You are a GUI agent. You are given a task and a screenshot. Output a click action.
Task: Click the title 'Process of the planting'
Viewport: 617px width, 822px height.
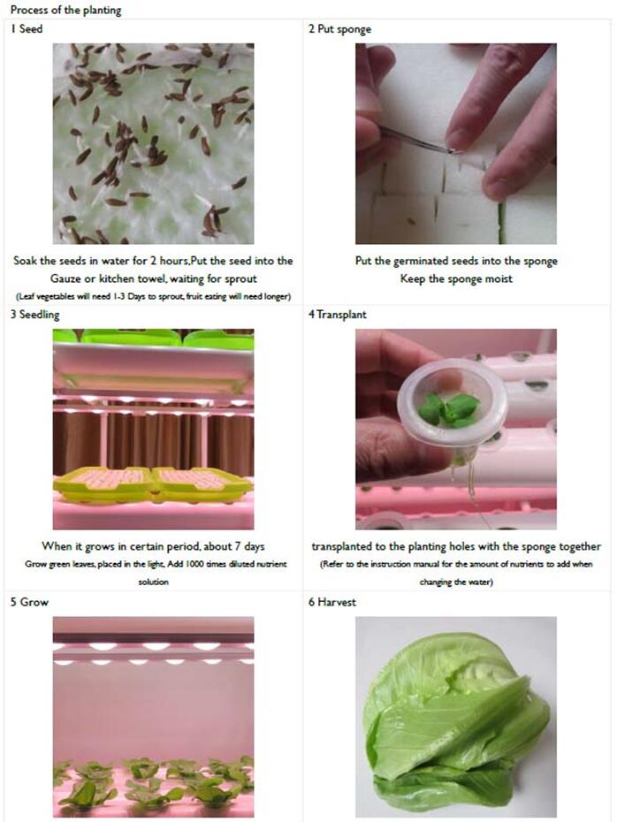click(x=66, y=10)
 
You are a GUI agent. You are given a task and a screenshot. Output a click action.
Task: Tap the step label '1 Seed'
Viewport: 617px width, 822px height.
click(x=27, y=29)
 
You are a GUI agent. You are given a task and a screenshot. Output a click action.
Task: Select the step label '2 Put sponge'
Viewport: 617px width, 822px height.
click(x=339, y=29)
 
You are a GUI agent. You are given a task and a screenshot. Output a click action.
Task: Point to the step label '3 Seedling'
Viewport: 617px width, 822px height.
click(x=35, y=315)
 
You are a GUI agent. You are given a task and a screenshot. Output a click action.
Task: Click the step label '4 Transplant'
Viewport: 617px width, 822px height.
click(x=338, y=315)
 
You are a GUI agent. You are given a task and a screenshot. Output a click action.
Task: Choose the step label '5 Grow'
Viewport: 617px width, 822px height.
click(x=29, y=602)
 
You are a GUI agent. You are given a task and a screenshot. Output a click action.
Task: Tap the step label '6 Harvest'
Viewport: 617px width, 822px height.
click(x=332, y=602)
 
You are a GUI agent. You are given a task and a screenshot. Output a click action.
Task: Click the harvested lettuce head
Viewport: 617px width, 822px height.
click(x=455, y=723)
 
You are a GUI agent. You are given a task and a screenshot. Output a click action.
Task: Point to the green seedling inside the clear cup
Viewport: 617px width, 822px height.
click(x=449, y=409)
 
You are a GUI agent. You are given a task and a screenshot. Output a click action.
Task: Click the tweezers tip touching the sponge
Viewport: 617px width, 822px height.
click(x=457, y=152)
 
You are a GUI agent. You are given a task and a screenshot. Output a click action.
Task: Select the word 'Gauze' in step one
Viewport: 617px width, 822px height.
click(x=66, y=279)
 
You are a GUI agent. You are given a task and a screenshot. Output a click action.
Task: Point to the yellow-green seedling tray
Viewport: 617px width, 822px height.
click(x=153, y=483)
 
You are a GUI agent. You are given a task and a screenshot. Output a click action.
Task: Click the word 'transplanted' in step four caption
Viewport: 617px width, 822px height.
click(x=342, y=547)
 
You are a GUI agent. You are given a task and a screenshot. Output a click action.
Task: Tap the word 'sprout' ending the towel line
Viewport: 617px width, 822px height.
click(x=240, y=279)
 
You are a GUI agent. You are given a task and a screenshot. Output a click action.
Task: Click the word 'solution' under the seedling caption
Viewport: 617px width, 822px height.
click(x=154, y=582)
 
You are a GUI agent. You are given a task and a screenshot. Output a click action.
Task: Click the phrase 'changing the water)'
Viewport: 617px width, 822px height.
click(x=456, y=582)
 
